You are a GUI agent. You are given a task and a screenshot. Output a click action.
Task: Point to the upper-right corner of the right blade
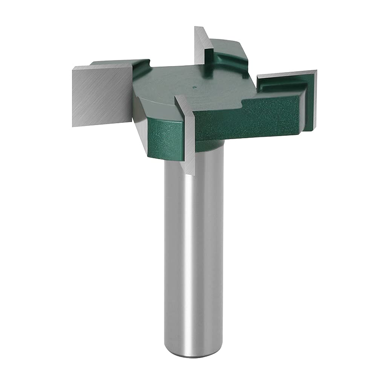[x=316, y=71]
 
